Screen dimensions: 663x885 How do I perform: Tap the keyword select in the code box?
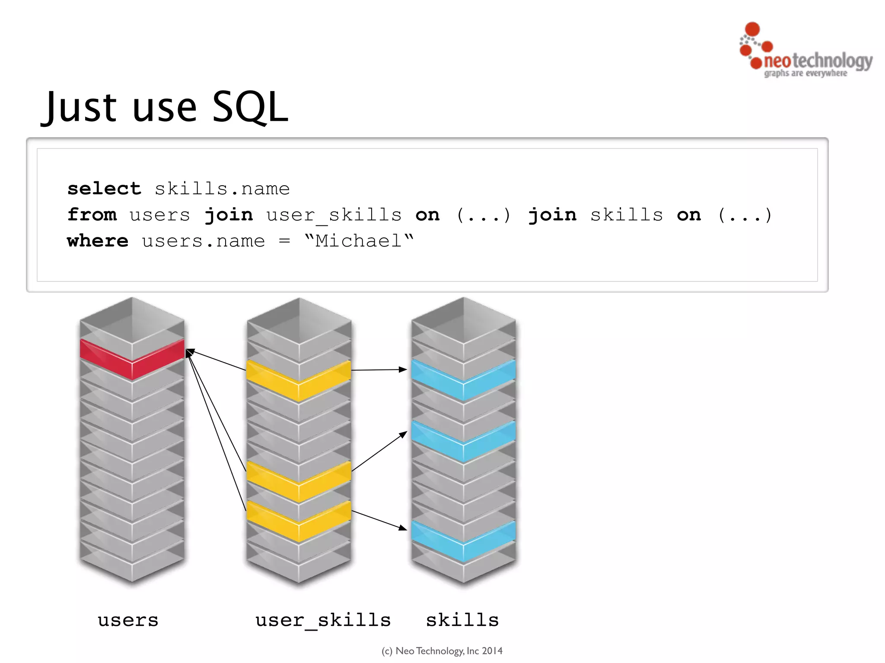104,189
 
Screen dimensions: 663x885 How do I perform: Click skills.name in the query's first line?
222,189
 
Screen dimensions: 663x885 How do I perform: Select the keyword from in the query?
92,215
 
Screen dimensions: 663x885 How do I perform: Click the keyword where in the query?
98,241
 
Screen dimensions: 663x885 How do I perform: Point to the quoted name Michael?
359,241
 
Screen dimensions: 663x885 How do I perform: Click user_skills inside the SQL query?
334,215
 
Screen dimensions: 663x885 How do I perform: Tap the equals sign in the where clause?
284,241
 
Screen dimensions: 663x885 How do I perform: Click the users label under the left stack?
128,620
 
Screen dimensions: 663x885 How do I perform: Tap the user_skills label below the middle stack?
323,621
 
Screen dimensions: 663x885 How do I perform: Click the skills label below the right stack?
462,620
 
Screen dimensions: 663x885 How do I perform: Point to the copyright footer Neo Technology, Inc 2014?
442,651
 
